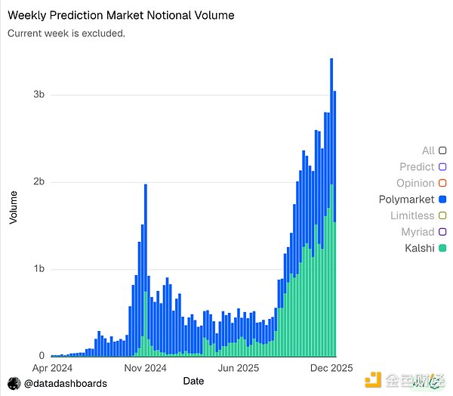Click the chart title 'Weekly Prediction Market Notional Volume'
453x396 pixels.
coord(121,15)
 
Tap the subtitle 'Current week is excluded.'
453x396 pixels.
coord(66,33)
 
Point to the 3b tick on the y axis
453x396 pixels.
coord(39,94)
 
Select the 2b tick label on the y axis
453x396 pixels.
coord(39,182)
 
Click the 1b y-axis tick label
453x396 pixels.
coord(39,269)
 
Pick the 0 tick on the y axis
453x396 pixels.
coord(42,356)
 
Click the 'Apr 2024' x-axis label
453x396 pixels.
coord(51,370)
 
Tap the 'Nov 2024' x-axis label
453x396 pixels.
coord(144,370)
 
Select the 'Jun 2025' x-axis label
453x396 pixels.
coord(238,370)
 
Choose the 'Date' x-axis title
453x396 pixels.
coord(193,382)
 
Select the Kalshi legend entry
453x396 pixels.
coord(418,248)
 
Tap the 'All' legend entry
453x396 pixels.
coord(428,151)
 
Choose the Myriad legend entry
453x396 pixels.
coord(418,232)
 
